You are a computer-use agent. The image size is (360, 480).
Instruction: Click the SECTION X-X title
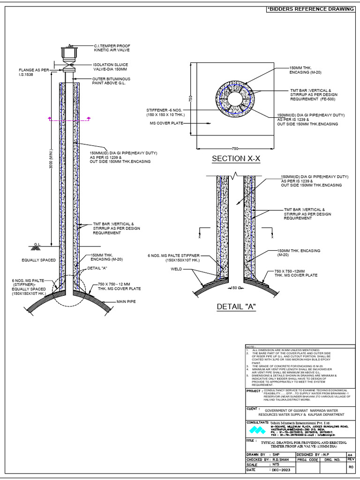tap(236, 159)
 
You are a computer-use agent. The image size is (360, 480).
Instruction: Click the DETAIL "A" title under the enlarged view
tap(236, 307)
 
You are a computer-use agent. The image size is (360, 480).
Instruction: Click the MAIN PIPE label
tap(126, 302)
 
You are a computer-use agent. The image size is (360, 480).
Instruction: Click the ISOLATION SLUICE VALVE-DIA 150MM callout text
tap(110, 67)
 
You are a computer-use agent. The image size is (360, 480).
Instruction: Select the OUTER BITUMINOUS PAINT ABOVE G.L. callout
tap(111, 81)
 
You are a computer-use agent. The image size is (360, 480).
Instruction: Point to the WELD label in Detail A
tap(176, 270)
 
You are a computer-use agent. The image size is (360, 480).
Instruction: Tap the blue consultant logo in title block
tap(256, 430)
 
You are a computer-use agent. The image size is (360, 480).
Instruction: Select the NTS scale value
tap(276, 465)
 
